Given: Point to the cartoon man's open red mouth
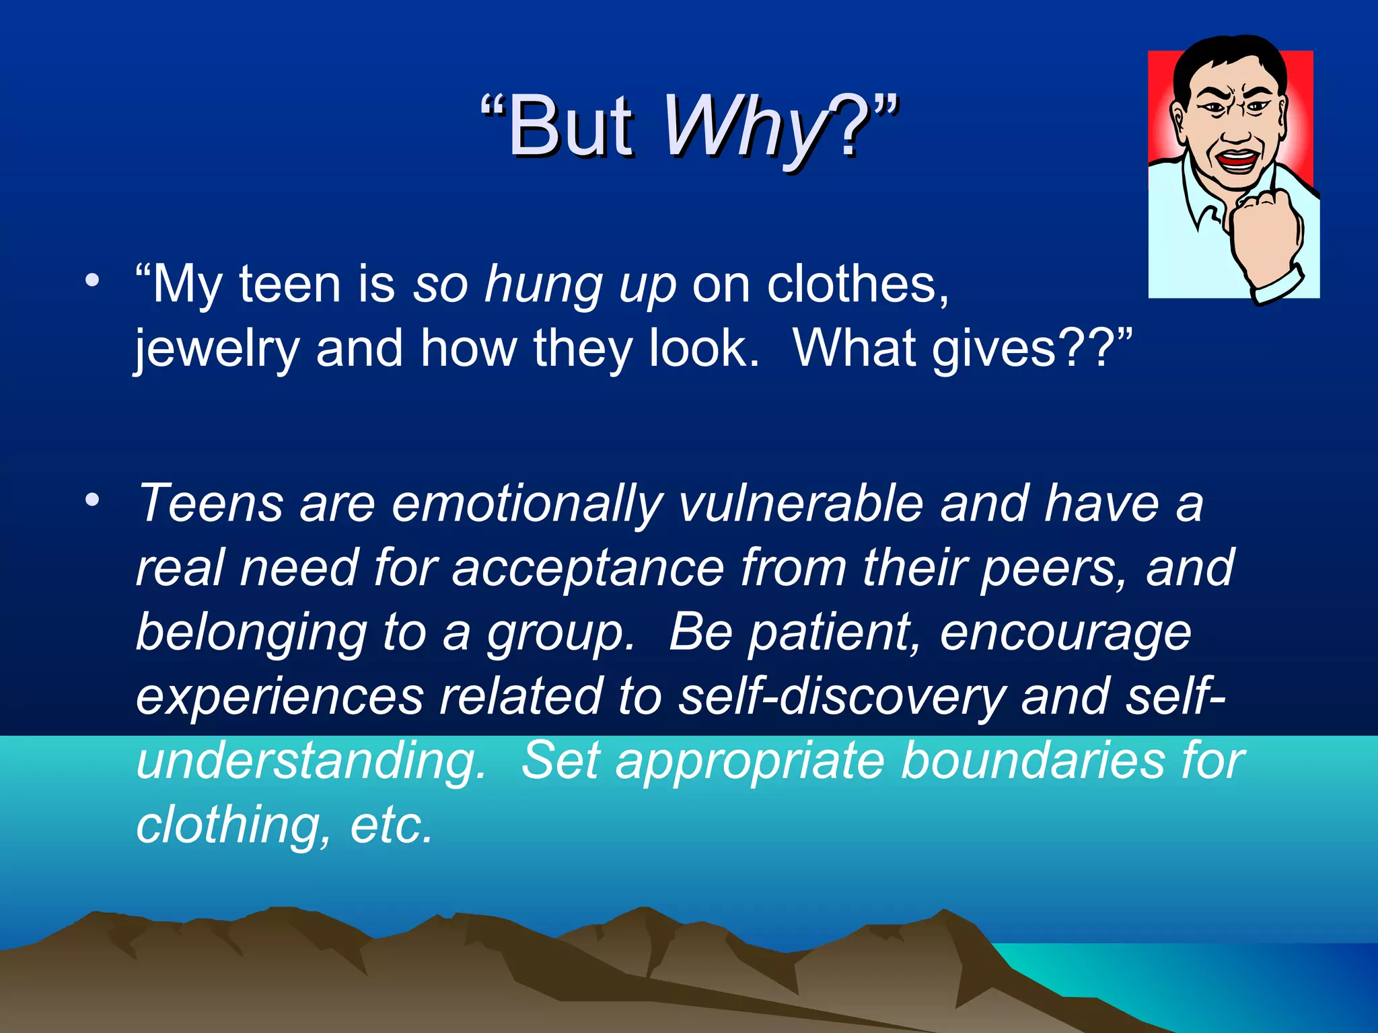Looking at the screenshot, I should tap(1237, 161).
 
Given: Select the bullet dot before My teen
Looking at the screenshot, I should tap(92, 280).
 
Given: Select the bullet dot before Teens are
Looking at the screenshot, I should tap(92, 500).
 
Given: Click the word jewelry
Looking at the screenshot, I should tap(216, 350).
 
